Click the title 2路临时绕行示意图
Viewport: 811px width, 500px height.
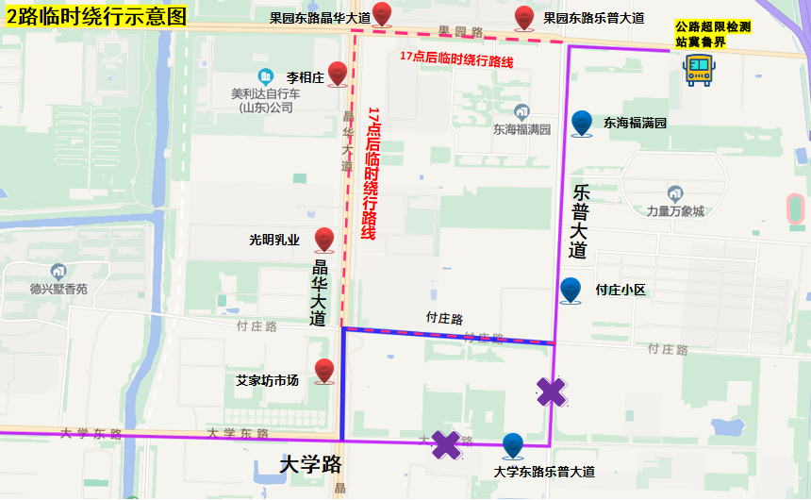pyautogui.click(x=95, y=16)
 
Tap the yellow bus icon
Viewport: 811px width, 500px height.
pyautogui.click(x=699, y=69)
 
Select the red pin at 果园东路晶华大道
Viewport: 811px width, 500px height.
pyautogui.click(x=382, y=14)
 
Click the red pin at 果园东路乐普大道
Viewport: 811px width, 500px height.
pyautogui.click(x=524, y=17)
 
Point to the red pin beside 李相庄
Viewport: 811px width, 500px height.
pyautogui.click(x=338, y=74)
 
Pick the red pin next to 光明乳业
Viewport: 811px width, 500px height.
pyautogui.click(x=324, y=240)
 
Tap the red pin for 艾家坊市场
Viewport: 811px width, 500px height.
pyautogui.click(x=324, y=372)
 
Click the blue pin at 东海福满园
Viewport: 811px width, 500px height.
pyautogui.click(x=582, y=123)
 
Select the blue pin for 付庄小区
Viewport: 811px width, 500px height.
pyautogui.click(x=571, y=290)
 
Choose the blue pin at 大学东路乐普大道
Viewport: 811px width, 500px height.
pyautogui.click(x=512, y=445)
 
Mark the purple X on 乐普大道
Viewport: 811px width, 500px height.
pyautogui.click(x=552, y=392)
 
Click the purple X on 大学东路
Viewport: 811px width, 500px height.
pyautogui.click(x=445, y=444)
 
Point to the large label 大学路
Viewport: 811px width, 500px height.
pyautogui.click(x=311, y=464)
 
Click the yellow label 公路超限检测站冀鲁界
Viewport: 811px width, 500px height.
pyautogui.click(x=713, y=35)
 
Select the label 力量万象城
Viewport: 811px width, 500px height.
pyautogui.click(x=675, y=211)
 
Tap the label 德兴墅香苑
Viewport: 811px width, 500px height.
pyautogui.click(x=58, y=289)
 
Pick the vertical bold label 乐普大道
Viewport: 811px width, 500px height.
pyautogui.click(x=579, y=221)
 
